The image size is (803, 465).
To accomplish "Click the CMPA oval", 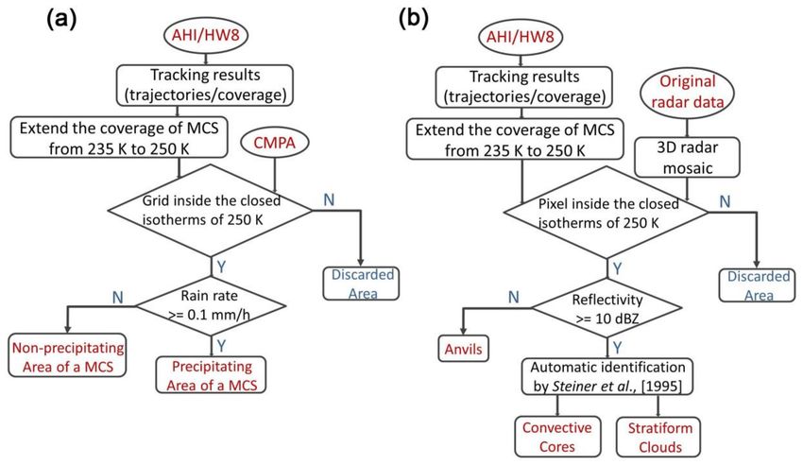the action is [275, 142].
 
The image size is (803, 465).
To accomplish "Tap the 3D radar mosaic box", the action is [687, 157].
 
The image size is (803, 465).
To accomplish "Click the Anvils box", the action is [464, 349].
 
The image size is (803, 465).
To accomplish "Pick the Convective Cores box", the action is [556, 437].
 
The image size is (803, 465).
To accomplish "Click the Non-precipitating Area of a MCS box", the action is [68, 357].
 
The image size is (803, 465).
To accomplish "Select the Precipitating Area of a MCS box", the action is [211, 375].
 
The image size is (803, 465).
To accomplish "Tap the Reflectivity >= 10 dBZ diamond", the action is [607, 308].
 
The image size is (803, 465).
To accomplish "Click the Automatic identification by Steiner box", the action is [607, 376].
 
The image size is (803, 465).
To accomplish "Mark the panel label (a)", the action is [61, 20].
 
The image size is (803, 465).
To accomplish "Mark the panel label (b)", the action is [413, 20].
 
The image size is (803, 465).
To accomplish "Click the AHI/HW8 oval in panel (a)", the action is [205, 36].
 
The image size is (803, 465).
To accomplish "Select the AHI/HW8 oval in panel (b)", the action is [521, 37].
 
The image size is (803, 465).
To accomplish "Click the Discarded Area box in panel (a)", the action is [361, 284].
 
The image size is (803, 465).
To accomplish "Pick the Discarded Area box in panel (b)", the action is [758, 285].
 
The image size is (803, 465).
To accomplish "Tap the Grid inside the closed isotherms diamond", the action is [210, 210].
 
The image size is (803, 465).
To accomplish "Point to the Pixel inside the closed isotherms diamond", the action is [607, 212].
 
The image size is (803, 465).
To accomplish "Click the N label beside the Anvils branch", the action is [514, 298].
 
